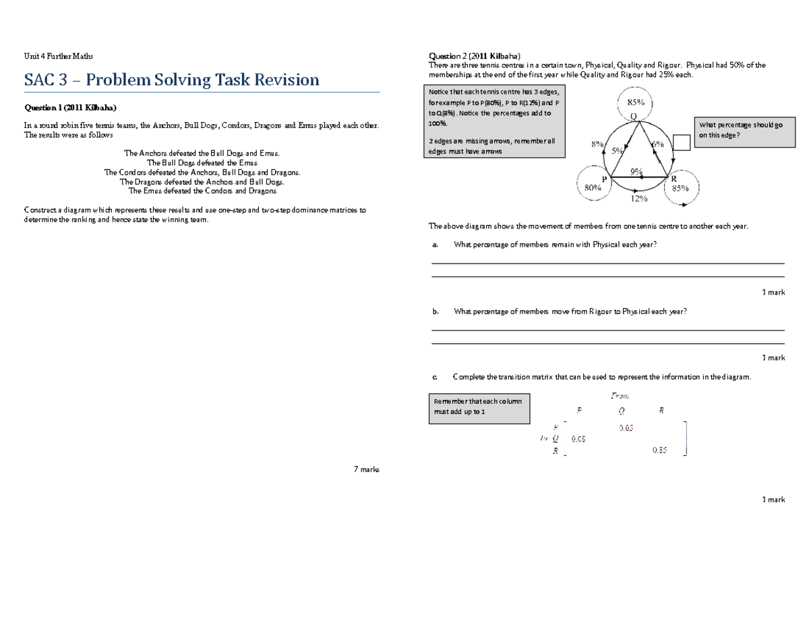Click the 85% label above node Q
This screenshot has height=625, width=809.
[636, 102]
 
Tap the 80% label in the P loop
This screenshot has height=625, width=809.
[593, 189]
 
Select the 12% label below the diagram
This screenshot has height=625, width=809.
[638, 199]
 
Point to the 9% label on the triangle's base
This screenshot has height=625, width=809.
[636, 171]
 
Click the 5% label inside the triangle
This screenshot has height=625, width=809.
[617, 152]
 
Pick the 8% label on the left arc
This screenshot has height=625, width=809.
[597, 144]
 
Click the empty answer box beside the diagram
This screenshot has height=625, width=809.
[682, 142]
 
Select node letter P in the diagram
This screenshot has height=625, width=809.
[604, 178]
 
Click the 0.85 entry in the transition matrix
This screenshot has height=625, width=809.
[659, 450]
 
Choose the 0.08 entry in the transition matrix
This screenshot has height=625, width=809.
[578, 439]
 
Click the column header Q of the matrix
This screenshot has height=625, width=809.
[621, 411]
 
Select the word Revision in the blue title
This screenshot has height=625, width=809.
[282, 80]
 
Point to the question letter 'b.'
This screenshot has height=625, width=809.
[435, 311]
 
